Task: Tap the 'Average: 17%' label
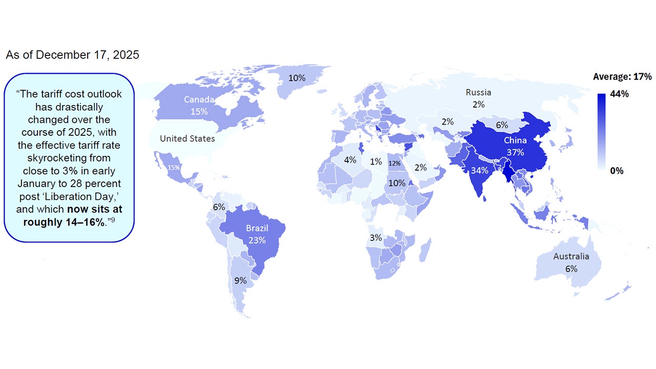point(622,77)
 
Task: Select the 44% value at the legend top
point(620,94)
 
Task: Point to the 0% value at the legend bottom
point(617,171)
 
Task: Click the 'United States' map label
point(187,138)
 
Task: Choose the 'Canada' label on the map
point(199,99)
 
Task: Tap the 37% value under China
point(515,152)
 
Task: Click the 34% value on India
point(479,171)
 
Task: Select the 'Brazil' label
point(256,228)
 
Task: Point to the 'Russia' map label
point(478,93)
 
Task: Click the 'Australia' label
point(571,256)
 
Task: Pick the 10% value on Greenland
point(297,78)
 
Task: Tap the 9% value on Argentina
point(240,280)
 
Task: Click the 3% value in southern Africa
point(376,238)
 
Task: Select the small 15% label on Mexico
point(174,168)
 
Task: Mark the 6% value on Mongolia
point(502,125)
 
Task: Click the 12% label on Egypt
point(394,163)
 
